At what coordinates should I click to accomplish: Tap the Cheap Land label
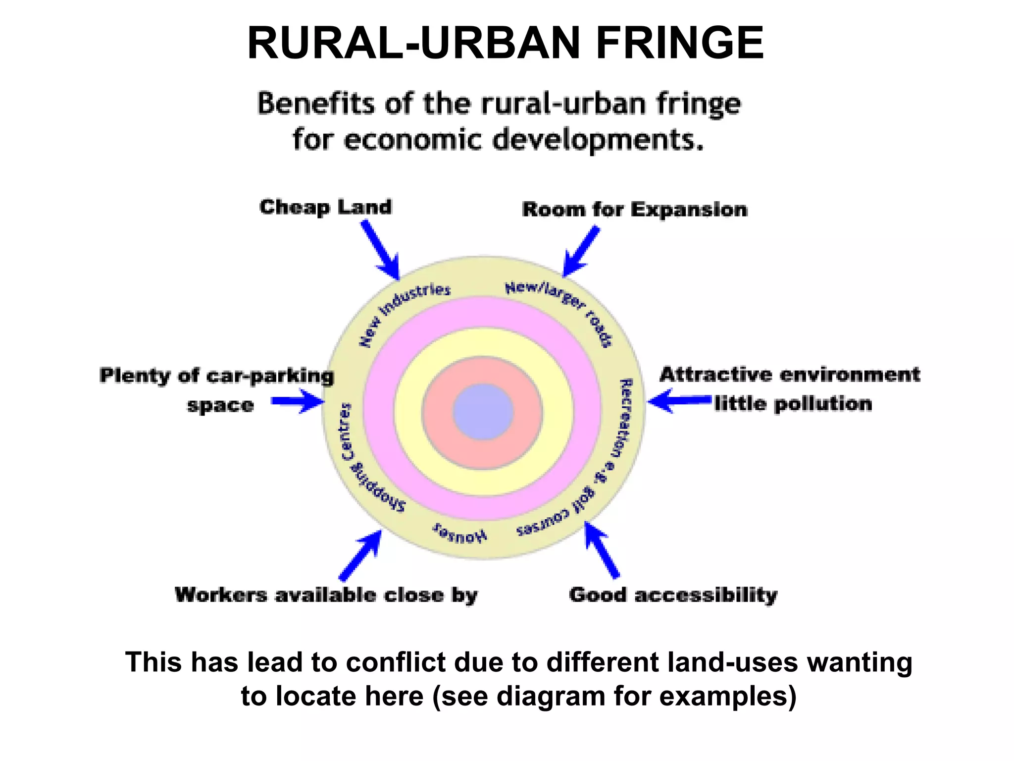point(325,207)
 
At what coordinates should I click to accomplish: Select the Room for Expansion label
point(634,210)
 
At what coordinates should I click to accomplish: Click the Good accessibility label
point(673,595)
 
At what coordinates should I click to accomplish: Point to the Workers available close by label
point(326,595)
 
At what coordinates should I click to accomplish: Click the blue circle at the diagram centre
point(483,412)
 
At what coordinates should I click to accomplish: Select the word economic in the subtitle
point(412,139)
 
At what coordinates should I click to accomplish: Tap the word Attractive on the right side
point(715,375)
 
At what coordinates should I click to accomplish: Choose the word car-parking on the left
point(270,376)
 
